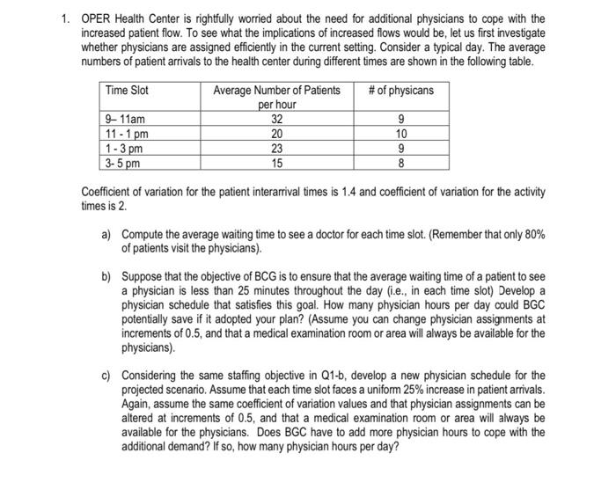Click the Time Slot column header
tap(128, 91)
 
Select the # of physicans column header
tap(400, 91)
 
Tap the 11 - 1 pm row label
tap(125, 134)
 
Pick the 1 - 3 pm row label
tap(123, 148)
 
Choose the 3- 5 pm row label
tap(122, 162)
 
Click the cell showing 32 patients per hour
tap(277, 120)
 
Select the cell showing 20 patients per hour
tap(277, 134)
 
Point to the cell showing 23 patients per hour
tap(277, 148)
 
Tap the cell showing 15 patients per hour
tap(277, 162)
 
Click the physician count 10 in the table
tap(401, 134)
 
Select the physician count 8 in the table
tap(401, 162)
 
